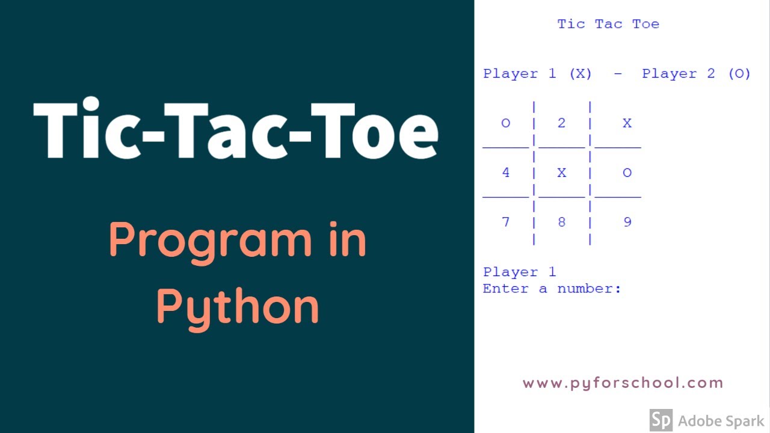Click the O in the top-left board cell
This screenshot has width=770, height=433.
[505, 123]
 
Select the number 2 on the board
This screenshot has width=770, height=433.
[561, 123]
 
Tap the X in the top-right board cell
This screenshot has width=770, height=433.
[627, 123]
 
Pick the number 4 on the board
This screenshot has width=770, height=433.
[505, 173]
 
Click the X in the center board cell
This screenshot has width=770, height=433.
[561, 173]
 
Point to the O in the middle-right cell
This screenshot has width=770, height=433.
[627, 173]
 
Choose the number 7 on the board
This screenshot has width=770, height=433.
[505, 222]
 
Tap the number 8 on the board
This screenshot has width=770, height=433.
[561, 222]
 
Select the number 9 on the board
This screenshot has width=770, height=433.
[627, 222]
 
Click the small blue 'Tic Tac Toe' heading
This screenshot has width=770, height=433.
[608, 24]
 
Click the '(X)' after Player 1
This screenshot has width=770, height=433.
[581, 74]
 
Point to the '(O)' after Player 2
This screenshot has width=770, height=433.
[739, 74]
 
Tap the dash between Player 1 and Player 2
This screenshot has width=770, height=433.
[618, 74]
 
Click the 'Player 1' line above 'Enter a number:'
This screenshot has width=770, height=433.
[519, 272]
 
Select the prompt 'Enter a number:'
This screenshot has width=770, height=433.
[552, 289]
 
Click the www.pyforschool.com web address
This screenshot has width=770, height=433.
[623, 383]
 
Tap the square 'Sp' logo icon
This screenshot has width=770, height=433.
[661, 420]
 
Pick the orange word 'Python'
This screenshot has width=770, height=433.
[238, 307]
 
